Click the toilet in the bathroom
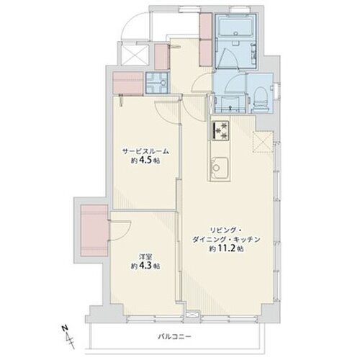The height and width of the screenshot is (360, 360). (261, 99)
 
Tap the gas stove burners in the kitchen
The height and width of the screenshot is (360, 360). (220, 130)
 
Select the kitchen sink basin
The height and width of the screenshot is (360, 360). (220, 167)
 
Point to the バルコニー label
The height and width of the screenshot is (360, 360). (174, 336)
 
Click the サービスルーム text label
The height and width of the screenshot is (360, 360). (145, 151)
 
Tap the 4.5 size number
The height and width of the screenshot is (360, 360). (146, 161)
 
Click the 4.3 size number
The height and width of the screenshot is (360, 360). (146, 266)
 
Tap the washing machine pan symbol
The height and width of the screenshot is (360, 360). (158, 83)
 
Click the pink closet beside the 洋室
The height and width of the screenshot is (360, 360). (94, 230)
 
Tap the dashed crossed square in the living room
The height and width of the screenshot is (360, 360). (263, 142)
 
